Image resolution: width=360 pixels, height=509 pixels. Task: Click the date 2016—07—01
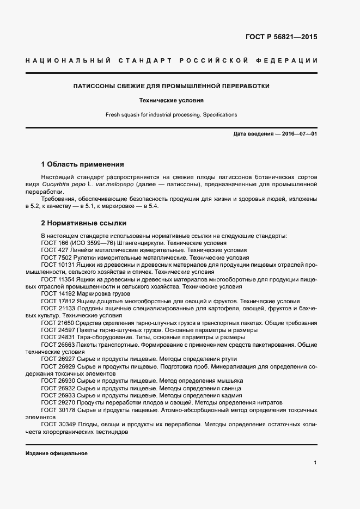pos(298,133)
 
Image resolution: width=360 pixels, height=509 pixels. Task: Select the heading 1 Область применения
pos(83,164)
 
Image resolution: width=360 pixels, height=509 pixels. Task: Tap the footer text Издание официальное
pos(57,453)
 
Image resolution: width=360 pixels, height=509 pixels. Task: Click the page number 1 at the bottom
pos(315,463)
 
